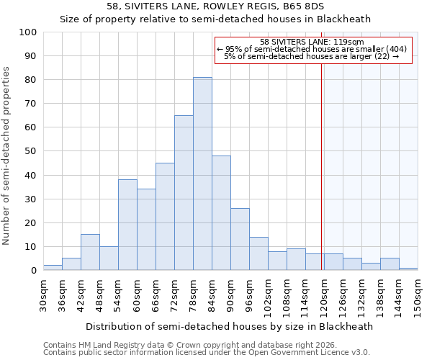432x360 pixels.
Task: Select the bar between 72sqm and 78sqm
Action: tap(184, 193)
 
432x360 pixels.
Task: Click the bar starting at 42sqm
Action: tap(90, 252)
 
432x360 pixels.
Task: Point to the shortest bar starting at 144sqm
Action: tap(408, 269)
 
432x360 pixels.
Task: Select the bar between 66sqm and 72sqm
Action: tap(165, 217)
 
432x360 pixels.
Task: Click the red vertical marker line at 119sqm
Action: tap(321, 166)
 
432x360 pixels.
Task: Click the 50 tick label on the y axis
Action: tap(30, 151)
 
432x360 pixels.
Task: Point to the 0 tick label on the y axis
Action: tap(33, 271)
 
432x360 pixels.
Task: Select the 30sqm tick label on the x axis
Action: tap(43, 293)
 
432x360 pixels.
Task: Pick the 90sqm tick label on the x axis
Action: tap(230, 293)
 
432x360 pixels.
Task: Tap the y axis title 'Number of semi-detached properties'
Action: tap(7, 156)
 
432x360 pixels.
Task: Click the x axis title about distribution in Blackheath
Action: tap(229, 326)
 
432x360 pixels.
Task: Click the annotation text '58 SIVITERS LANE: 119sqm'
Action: tap(312, 42)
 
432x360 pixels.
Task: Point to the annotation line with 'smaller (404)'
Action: tap(312, 49)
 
